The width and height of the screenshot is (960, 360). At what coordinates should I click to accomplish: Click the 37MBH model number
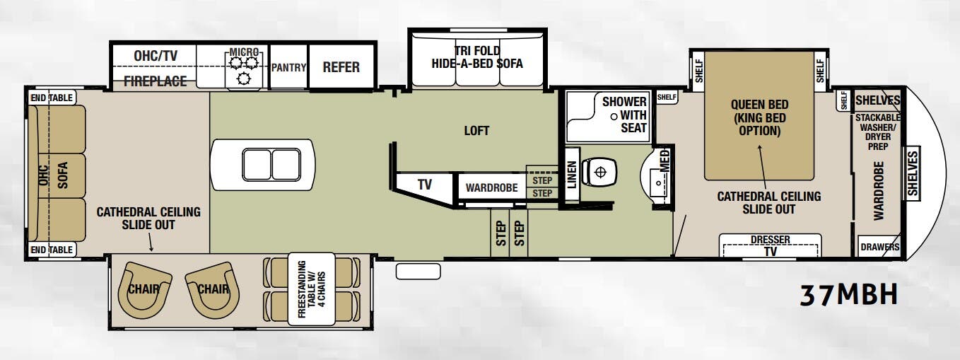[x=848, y=296]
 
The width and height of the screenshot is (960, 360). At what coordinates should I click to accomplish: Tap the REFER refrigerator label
[x=341, y=67]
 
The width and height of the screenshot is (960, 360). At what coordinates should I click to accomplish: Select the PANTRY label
[x=288, y=68]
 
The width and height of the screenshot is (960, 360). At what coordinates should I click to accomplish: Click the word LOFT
[x=476, y=131]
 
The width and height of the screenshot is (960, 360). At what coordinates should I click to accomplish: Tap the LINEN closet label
[x=572, y=175]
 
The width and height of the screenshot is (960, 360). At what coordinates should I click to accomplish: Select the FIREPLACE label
[x=155, y=81]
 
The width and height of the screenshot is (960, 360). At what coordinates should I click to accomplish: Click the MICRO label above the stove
[x=244, y=52]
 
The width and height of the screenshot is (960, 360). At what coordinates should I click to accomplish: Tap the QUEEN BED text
[x=759, y=105]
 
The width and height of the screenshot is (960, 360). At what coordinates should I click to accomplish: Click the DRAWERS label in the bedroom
[x=880, y=247]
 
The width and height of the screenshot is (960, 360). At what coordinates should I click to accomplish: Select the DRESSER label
[x=770, y=240]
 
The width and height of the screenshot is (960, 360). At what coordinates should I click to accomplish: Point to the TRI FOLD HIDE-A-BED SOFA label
[x=477, y=57]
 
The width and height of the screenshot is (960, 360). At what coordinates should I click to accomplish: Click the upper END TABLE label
[x=52, y=98]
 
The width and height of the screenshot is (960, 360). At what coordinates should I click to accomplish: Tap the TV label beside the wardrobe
[x=424, y=185]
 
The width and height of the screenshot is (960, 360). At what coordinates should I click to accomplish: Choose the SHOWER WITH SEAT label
[x=624, y=115]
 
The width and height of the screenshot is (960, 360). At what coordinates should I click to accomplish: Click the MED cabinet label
[x=665, y=161]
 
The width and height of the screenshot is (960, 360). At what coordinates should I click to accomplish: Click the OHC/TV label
[x=156, y=56]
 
